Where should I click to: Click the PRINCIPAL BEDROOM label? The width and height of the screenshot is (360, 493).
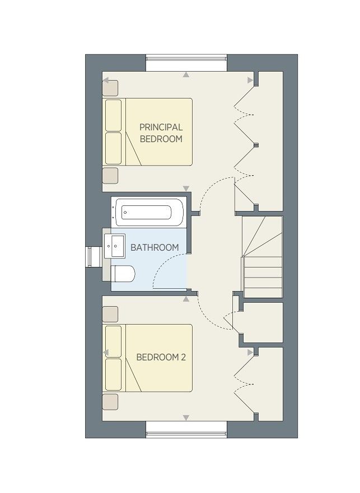coord(161,133)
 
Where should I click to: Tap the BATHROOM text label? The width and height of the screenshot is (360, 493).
coord(155,247)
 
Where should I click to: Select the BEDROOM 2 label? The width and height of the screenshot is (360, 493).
coord(161,357)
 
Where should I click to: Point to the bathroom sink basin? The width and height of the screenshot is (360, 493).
coord(115,246)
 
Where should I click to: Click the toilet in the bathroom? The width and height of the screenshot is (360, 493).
coord(123,274)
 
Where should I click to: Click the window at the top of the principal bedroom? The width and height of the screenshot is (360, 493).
coord(186,58)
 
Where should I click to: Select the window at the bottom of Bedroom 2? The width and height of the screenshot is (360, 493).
coord(186,434)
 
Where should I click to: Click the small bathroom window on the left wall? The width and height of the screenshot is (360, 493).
coord(89,257)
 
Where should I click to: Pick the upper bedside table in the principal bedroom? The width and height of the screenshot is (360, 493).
coord(110,88)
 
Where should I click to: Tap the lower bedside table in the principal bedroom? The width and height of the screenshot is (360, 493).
coord(110,176)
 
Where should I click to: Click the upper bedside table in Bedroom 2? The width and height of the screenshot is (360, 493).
coord(110,314)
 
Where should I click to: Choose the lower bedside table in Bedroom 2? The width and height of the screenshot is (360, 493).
coord(110,402)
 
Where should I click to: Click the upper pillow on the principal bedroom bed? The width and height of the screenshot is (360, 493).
coord(113,115)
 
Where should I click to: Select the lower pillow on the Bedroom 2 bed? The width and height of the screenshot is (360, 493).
coord(113,374)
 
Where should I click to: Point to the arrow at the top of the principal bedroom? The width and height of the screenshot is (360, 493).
coord(186,74)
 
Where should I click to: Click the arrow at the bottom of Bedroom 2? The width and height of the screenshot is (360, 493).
coord(186,417)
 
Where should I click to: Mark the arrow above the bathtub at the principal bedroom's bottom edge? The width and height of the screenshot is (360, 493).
coord(186,189)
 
